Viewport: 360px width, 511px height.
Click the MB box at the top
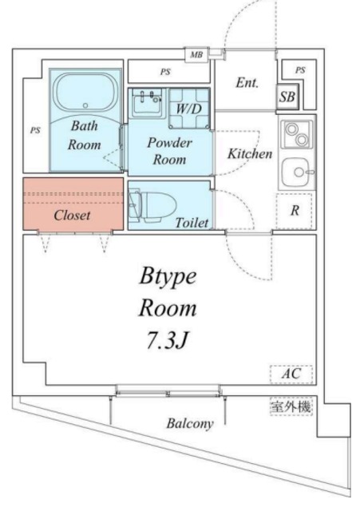pyautogui.click(x=196, y=55)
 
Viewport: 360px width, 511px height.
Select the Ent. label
pyautogui.click(x=246, y=82)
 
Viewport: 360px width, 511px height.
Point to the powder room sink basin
pyautogui.click(x=148, y=101)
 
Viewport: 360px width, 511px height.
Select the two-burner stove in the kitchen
pyautogui.click(x=295, y=134)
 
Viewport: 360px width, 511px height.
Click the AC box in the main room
pyautogui.click(x=291, y=374)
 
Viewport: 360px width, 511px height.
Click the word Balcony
pyautogui.click(x=189, y=424)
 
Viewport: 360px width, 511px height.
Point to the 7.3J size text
pyautogui.click(x=166, y=340)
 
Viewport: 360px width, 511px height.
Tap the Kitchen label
pyautogui.click(x=250, y=153)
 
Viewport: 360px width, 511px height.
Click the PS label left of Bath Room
pyautogui.click(x=34, y=129)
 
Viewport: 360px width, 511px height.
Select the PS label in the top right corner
pyautogui.click(x=299, y=70)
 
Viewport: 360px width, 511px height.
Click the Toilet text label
pyautogui.click(x=192, y=223)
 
